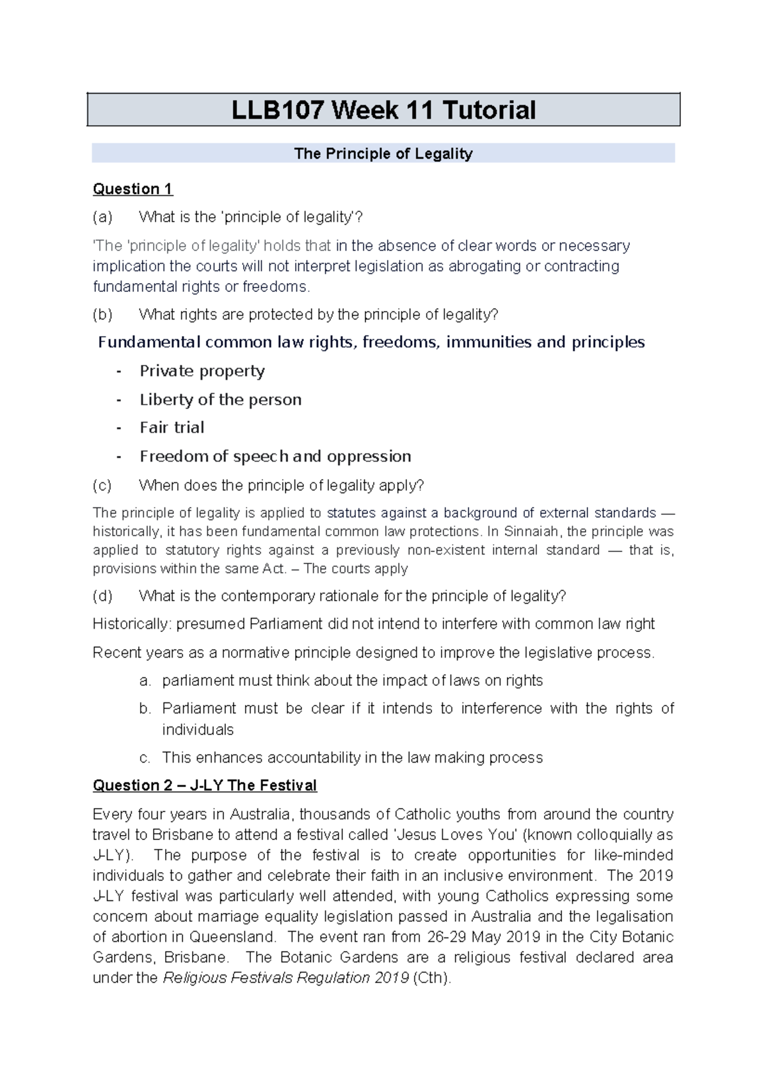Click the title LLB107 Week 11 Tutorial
tap(383, 110)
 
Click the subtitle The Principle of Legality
tap(383, 154)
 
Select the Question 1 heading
tap(132, 189)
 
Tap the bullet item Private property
tap(202, 371)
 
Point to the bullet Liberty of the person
tap(220, 400)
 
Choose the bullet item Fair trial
tap(172, 428)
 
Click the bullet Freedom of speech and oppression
tap(275, 457)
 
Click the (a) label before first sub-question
tap(102, 217)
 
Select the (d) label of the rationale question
tap(102, 596)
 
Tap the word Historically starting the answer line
tap(131, 624)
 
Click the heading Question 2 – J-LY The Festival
tap(205, 786)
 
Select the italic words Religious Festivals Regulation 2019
tap(286, 978)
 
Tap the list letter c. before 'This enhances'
tap(145, 758)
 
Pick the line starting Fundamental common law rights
tap(371, 343)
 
